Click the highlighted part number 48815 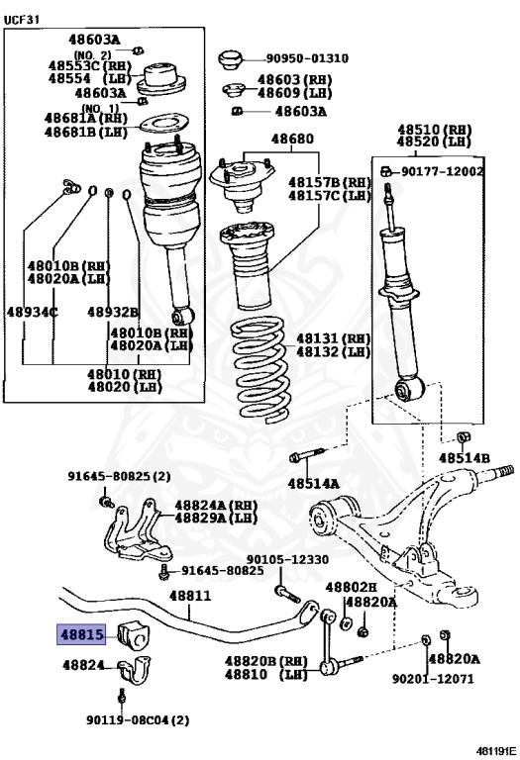coord(81,634)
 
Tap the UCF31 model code coord(22,20)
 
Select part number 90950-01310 coord(307,58)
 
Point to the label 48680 coord(292,140)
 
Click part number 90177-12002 coord(442,171)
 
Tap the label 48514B coord(465,458)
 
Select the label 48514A coord(313,483)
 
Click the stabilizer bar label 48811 coord(190,596)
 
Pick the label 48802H coord(351,588)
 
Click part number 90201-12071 coord(433,679)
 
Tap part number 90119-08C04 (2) coord(138,720)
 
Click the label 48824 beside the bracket coord(83,665)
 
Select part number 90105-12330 coord(287,560)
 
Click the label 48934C coord(32,313)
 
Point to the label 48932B coord(113,313)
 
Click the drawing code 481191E coord(496,751)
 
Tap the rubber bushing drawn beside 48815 coord(134,634)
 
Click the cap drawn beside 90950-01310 coord(230,60)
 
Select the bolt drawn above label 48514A coord(307,455)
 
